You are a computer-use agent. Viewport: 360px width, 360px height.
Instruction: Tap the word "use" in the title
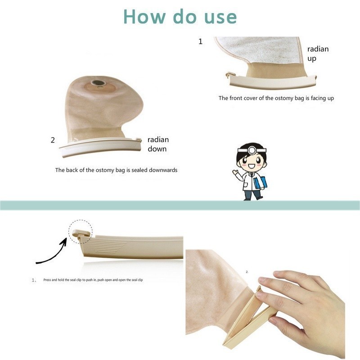pos(220,18)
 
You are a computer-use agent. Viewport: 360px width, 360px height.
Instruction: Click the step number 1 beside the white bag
pos(200,41)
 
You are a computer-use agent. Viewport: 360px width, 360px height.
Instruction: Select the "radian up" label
pos(318,54)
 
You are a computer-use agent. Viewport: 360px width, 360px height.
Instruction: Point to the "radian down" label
pos(158,144)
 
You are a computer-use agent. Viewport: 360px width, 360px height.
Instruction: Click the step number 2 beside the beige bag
pos(53,140)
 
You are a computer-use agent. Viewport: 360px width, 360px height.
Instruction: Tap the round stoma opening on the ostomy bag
pos(98,83)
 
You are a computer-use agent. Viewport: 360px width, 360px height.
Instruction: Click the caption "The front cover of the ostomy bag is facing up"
pos(276,98)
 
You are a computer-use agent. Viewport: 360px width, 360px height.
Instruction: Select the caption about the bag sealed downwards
pos(116,170)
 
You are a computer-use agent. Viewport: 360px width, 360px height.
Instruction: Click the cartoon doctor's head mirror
pos(252,150)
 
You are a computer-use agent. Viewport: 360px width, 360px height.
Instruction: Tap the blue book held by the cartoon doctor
pos(261,183)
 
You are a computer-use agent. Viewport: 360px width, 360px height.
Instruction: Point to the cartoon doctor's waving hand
pos(235,172)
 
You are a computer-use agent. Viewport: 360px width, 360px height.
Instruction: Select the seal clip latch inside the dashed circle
pos(81,234)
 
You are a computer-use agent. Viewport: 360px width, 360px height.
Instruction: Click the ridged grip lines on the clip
pos(108,246)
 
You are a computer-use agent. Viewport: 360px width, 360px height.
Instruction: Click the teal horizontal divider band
pos(180,205)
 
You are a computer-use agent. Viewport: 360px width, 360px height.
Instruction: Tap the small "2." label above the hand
pos(247,272)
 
